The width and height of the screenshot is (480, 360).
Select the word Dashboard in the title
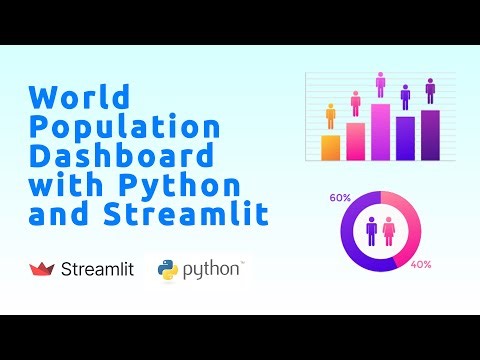coord(121,157)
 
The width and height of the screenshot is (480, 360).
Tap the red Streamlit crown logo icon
coord(42,269)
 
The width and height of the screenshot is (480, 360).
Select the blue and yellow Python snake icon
coord(169,269)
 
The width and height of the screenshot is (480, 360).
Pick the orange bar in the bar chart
coord(330,147)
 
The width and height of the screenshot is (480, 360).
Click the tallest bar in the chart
coord(381,131)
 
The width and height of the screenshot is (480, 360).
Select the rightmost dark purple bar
coord(430,135)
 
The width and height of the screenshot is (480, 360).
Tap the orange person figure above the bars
coord(330,117)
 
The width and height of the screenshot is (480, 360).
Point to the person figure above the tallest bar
coord(381,84)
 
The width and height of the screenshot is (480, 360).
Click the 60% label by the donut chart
coord(340,198)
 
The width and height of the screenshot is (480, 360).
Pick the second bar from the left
coord(355,141)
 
